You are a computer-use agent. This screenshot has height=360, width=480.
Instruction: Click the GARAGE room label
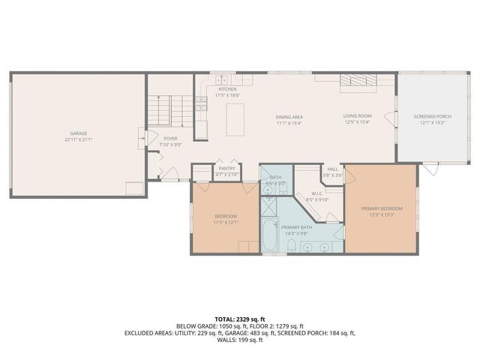(x=78, y=133)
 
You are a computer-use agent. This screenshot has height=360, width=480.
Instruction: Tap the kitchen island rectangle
(x=235, y=119)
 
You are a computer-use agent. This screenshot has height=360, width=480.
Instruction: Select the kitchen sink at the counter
(x=222, y=79)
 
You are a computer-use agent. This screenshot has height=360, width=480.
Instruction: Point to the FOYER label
(x=171, y=139)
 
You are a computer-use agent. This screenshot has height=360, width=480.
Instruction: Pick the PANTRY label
(x=226, y=169)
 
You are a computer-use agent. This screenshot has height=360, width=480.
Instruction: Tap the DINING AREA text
(x=289, y=116)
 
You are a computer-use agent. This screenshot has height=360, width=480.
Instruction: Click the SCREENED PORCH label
(x=430, y=116)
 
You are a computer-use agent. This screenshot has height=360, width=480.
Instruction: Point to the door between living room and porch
(x=390, y=118)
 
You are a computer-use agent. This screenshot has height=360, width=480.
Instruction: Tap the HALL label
(x=332, y=169)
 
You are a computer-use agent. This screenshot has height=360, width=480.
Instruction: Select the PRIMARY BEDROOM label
(x=381, y=208)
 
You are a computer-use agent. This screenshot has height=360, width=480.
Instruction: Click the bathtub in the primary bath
(x=270, y=235)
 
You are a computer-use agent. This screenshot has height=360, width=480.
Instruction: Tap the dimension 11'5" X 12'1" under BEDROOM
(x=226, y=222)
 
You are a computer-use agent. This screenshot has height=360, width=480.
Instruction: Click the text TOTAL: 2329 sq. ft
(x=239, y=319)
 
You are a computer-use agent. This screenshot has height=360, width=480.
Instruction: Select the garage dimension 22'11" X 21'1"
(x=78, y=139)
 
